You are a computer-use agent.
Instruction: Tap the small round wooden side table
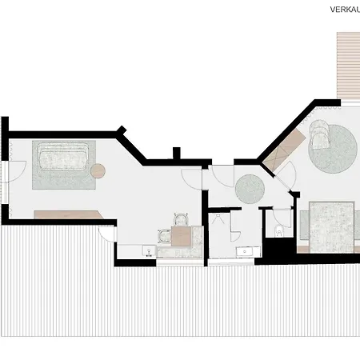98,170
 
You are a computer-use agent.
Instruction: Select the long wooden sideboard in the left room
68,214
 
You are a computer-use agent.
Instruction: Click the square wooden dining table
180,235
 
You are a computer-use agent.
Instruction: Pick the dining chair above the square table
180,218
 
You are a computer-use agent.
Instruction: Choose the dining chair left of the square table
164,235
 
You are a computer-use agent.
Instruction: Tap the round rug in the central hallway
249,189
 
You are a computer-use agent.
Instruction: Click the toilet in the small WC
277,234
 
